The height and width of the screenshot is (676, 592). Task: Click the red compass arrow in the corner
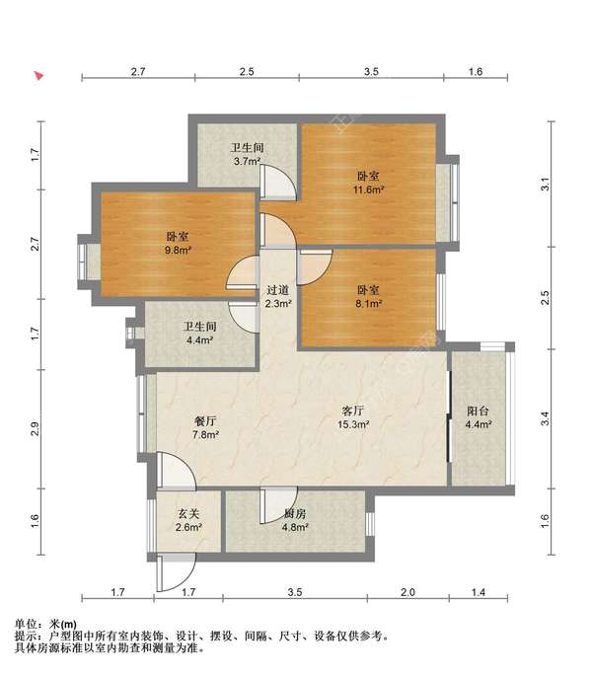tap(38, 74)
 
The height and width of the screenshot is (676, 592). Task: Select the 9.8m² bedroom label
tap(179, 243)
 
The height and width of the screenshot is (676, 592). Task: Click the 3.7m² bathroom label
tap(246, 155)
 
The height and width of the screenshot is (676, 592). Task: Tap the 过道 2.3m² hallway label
tap(278, 297)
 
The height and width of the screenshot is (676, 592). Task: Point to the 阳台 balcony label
tap(479, 416)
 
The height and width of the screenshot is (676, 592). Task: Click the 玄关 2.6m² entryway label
tap(189, 520)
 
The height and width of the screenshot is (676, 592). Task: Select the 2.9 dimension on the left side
tap(35, 428)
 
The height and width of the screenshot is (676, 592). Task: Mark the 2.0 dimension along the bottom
tap(407, 592)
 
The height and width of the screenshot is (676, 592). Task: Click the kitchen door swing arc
tap(272, 506)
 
